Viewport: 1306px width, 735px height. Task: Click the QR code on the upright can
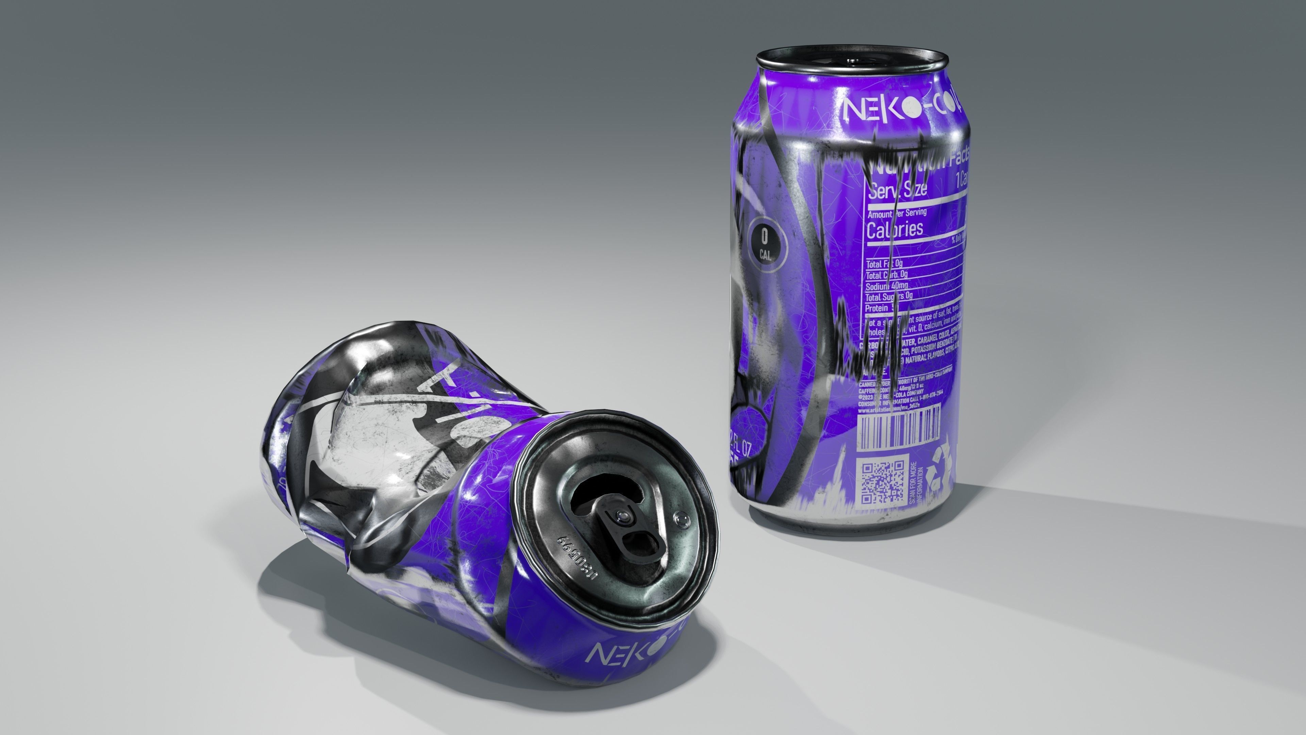pos(883,482)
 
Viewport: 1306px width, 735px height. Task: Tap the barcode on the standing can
pos(898,427)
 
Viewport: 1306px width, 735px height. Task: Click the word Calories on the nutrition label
pos(894,230)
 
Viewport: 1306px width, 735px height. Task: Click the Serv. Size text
pos(898,189)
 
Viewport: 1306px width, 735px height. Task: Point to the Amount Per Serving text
pos(897,213)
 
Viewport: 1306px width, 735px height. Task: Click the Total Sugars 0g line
pos(888,297)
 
